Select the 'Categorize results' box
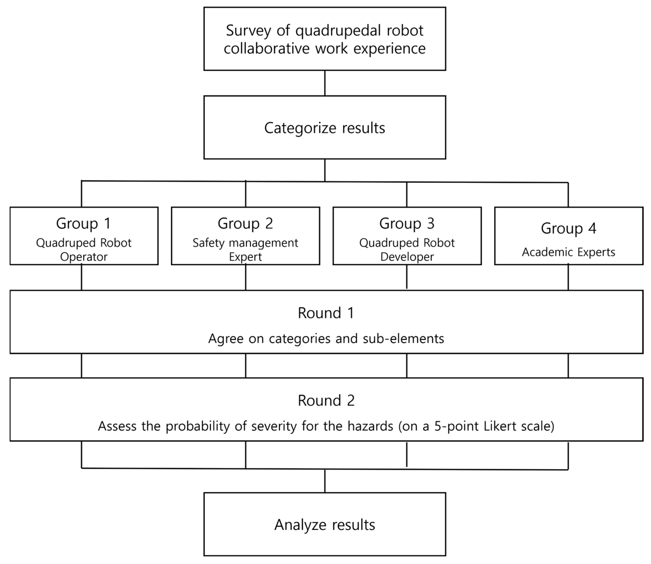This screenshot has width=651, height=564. coord(325,128)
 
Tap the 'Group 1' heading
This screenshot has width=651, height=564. coord(83,223)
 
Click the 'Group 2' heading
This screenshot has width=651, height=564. coord(245,223)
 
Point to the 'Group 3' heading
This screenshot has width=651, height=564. coord(407,223)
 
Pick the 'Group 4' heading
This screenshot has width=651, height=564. coord(568,228)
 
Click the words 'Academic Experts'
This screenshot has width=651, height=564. coord(568,252)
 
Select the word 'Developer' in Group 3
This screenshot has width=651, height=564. coord(407,257)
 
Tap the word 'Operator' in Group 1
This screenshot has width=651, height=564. coord(84,257)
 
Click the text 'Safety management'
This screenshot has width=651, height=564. coord(245,243)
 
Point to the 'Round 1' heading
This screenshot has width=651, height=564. coord(326,313)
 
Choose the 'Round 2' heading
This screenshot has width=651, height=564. coord(326,401)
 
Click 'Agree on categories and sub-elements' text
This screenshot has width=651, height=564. coord(326,339)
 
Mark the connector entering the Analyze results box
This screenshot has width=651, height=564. coord(325,481)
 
